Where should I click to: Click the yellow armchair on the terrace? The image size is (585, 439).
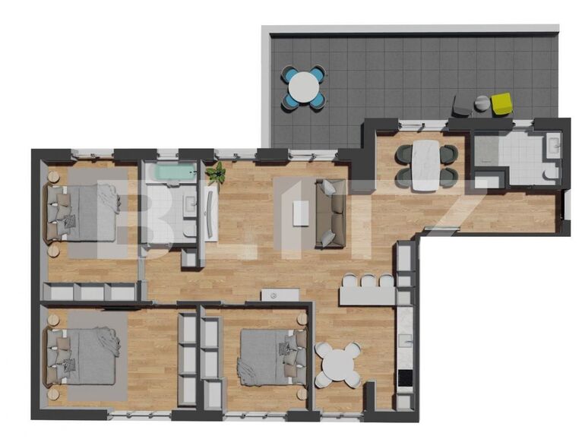click(x=501, y=103)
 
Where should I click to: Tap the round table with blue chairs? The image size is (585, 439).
click(x=305, y=87)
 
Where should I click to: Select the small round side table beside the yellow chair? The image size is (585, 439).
click(x=482, y=103)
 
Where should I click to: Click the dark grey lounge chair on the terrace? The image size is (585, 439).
click(x=462, y=107)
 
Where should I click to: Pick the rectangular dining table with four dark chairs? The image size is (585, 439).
click(x=426, y=166)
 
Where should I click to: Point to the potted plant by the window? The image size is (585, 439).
click(x=217, y=173)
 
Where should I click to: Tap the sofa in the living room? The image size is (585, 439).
click(x=330, y=213)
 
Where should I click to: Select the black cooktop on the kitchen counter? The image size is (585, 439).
click(x=405, y=377)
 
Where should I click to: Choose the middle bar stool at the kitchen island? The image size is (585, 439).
click(x=368, y=280)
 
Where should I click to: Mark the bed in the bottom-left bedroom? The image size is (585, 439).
click(x=84, y=355)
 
